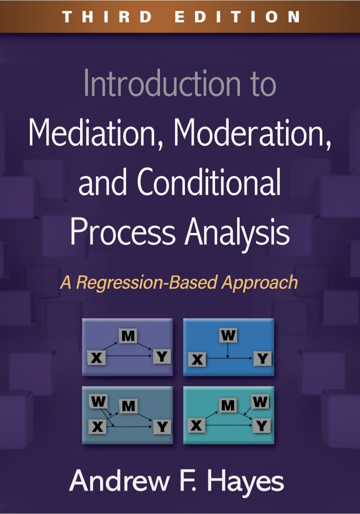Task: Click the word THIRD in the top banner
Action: [107, 16]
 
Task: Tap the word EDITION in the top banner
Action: [237, 16]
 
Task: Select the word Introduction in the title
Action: [162, 83]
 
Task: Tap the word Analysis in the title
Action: [237, 232]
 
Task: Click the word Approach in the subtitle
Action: [259, 283]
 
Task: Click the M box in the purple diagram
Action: [128, 336]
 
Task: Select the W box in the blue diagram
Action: [228, 335]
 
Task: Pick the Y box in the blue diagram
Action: [262, 358]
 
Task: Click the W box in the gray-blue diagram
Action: [98, 401]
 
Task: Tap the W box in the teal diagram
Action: [260, 402]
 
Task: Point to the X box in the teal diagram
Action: [196, 426]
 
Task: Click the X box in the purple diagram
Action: [96, 358]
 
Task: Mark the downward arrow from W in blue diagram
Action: [227, 350]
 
